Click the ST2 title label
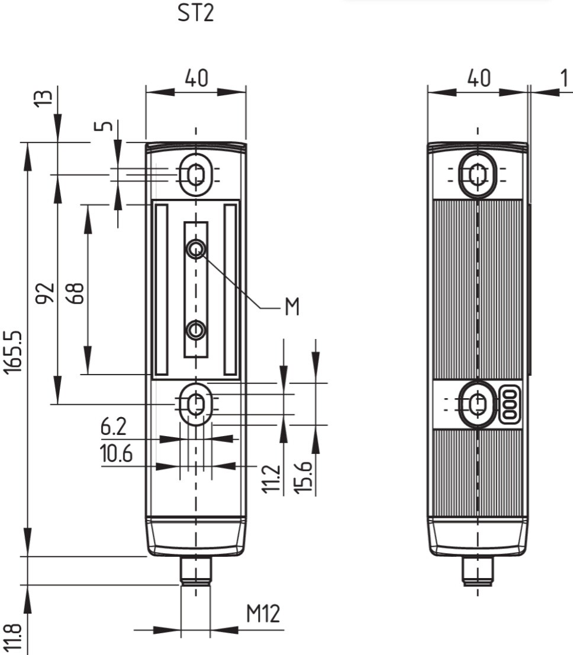196,13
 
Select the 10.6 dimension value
115,454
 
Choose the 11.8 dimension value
16,638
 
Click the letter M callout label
292,308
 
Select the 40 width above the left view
196,78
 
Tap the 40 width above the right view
478,78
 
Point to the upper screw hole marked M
196,250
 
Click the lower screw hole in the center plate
196,330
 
